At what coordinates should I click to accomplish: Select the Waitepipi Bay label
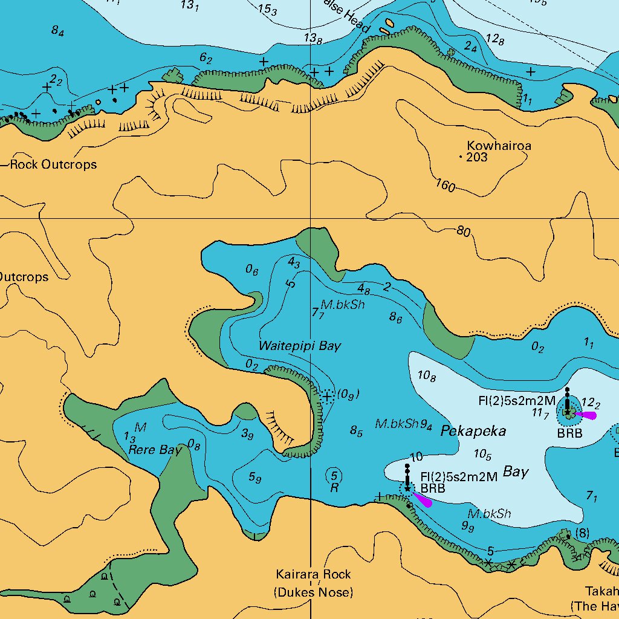(299, 346)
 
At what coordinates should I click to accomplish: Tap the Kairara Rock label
(313, 574)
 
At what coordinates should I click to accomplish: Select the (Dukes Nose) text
(313, 592)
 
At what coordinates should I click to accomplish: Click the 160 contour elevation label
(445, 186)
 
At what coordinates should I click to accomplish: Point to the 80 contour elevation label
(464, 231)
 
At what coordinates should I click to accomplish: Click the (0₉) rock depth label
(349, 395)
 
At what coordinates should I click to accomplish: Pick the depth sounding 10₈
(427, 377)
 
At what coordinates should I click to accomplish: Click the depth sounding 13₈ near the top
(313, 39)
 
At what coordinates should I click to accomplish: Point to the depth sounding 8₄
(57, 31)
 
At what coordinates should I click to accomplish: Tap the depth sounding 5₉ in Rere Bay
(255, 478)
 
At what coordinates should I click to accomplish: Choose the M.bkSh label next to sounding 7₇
(343, 305)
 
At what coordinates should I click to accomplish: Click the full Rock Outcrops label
(53, 164)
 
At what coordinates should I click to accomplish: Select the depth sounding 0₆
(252, 270)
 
